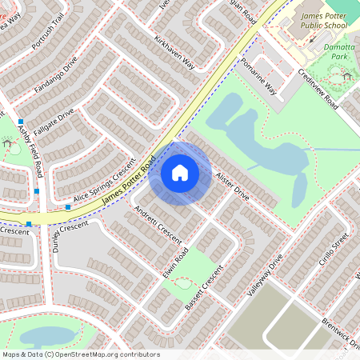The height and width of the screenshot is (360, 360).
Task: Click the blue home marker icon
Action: click(180, 172)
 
